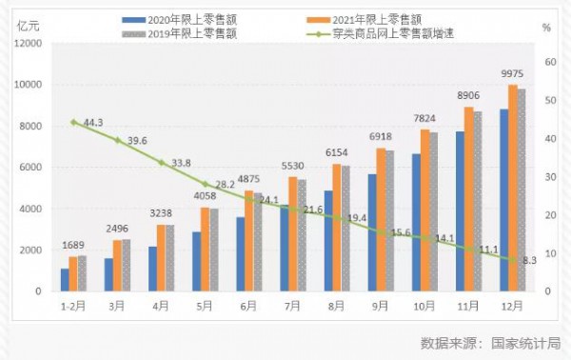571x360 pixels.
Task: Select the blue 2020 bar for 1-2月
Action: pos(65,280)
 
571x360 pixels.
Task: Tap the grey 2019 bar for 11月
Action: pos(477,201)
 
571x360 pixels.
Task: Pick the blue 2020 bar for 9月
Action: pos(372,232)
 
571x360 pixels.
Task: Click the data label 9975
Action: pos(512,75)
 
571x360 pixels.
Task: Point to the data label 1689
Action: pos(74,246)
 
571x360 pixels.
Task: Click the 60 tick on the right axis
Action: pos(548,62)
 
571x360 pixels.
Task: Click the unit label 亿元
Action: pos(27,25)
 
